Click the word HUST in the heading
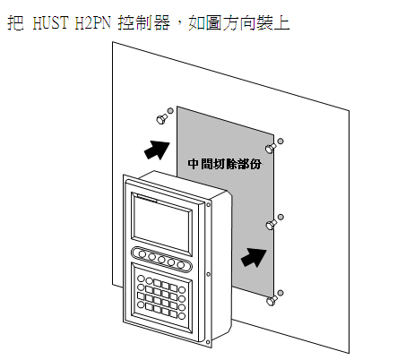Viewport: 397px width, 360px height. [x=50, y=22]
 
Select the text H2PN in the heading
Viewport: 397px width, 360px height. [x=92, y=22]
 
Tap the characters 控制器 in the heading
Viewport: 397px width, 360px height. [x=144, y=22]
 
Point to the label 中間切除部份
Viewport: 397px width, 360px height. [x=225, y=164]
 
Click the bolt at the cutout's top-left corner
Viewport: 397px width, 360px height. [x=161, y=119]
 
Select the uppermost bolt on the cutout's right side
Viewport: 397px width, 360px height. [x=271, y=148]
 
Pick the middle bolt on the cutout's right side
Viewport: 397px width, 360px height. [x=272, y=224]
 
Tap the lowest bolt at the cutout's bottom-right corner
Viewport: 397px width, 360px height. [x=272, y=300]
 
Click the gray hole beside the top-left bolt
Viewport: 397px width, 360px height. [x=170, y=111]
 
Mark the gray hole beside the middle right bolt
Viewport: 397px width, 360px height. [x=280, y=217]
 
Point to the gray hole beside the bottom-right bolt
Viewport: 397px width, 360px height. [x=280, y=293]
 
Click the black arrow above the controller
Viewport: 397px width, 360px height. [x=157, y=150]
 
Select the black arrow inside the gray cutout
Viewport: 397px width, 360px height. [x=254, y=257]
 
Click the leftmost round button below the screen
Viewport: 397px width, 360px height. [x=142, y=254]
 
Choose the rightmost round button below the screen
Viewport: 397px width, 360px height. [x=180, y=265]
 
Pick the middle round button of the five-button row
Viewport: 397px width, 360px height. [x=161, y=260]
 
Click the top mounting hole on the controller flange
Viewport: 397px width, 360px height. [x=208, y=204]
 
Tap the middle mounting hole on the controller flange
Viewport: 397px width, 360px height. [x=208, y=274]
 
